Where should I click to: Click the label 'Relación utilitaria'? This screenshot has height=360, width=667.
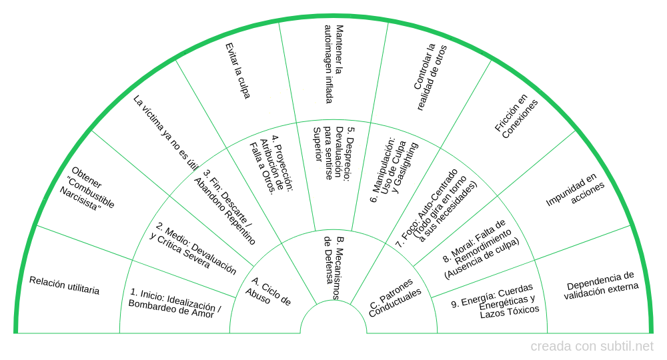click(65, 285)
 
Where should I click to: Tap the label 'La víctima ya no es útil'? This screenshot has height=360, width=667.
click(165, 133)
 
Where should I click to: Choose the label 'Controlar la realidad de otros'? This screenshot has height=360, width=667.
click(430, 77)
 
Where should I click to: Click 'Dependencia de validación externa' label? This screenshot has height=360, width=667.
click(600, 285)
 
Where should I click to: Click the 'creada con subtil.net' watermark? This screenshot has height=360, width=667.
click(592, 347)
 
